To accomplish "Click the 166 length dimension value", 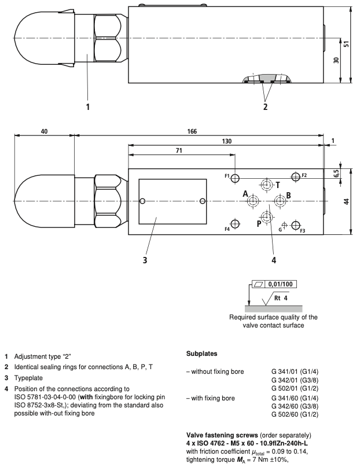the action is pos(192,131).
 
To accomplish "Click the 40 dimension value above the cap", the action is pos(44,131).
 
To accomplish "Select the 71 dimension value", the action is pos(179,150).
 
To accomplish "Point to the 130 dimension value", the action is pos(226,141).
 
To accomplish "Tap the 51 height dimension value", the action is pos(347,44).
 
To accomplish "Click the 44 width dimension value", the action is pos(347,201).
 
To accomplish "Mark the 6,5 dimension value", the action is pos(337,174).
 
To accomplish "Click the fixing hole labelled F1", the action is pos(235,178).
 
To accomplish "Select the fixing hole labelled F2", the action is pos(296,176).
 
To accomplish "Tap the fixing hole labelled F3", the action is pos(296,225).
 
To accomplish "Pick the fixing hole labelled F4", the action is pos(235,224).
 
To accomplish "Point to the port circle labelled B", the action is pos(280,200).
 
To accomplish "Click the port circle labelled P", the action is pos(266,216).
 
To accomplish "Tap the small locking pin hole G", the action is pos(285,225).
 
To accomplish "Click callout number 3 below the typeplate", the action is pos(145,260).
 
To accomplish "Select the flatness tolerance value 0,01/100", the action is pos(280,284).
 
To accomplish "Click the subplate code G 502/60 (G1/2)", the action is pos(295,414).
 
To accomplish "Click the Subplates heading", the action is pos(201,354).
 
